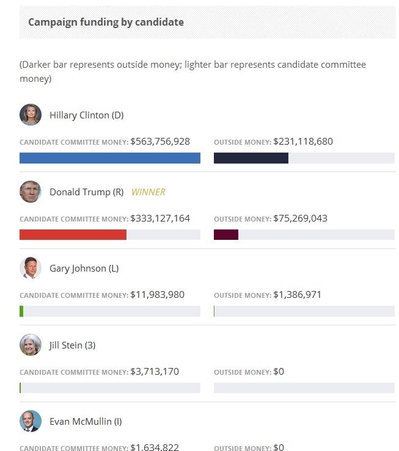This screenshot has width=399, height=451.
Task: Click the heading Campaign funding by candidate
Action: coord(106,22)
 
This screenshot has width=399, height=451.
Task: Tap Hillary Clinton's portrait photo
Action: coord(31,115)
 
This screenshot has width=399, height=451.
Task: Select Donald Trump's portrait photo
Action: coord(31,192)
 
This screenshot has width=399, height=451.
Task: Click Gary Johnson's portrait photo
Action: coord(31,268)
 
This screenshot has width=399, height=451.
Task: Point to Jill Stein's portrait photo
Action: coord(31,345)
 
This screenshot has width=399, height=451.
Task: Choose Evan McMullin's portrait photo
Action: coord(31,421)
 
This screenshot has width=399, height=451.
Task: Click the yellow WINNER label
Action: coord(148,192)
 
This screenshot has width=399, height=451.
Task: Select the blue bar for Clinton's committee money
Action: coord(110,158)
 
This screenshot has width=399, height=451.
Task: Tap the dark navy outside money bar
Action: coord(251,158)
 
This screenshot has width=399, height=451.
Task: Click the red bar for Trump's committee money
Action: coord(73,234)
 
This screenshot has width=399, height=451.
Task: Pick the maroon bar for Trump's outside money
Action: coord(226,234)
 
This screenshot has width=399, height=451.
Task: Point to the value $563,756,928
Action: coord(160,142)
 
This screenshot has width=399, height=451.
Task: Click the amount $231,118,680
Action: coord(303,142)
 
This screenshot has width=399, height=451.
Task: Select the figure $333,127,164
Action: coord(160,218)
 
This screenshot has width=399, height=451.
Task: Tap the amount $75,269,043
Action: coord(300,218)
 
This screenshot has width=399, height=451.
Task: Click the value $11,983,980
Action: coord(157,295)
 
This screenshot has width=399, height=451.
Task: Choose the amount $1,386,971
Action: coord(298,295)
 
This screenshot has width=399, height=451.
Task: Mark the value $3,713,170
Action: coord(155,371)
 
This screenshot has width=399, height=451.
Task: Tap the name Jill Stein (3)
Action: coord(72,345)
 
